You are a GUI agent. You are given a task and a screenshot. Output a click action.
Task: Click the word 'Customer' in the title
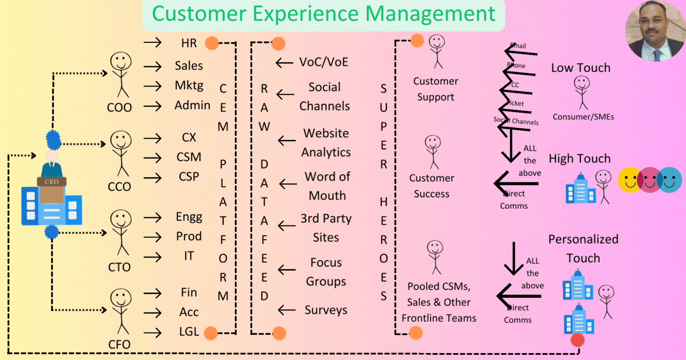[198, 14]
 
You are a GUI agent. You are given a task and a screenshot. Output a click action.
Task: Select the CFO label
[119, 344]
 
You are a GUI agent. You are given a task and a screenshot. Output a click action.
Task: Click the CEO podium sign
[52, 182]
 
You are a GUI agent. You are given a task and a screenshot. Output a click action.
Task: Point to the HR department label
[189, 43]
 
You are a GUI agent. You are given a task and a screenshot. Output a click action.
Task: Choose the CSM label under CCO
[189, 157]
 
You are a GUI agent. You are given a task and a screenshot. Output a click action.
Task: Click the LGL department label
[189, 332]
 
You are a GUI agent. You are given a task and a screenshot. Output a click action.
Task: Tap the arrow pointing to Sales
[153, 66]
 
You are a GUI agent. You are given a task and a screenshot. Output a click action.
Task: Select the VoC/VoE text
[324, 62]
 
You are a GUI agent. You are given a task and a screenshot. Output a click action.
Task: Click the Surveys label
[326, 310]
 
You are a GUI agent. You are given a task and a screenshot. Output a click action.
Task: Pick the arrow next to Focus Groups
[287, 270]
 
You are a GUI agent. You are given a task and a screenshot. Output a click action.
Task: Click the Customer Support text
[436, 89]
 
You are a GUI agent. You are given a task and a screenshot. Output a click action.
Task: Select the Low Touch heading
[581, 68]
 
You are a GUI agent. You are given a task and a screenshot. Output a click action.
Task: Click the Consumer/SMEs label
[583, 117]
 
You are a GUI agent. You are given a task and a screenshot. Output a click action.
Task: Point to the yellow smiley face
[629, 180]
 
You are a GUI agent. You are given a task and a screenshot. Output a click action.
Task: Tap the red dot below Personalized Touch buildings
[578, 340]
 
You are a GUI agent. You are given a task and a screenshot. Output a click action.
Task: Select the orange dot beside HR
[211, 43]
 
